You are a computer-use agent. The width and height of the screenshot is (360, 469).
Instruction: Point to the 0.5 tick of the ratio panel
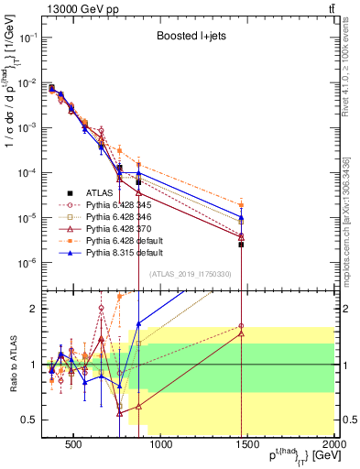click(x=28, y=420)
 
